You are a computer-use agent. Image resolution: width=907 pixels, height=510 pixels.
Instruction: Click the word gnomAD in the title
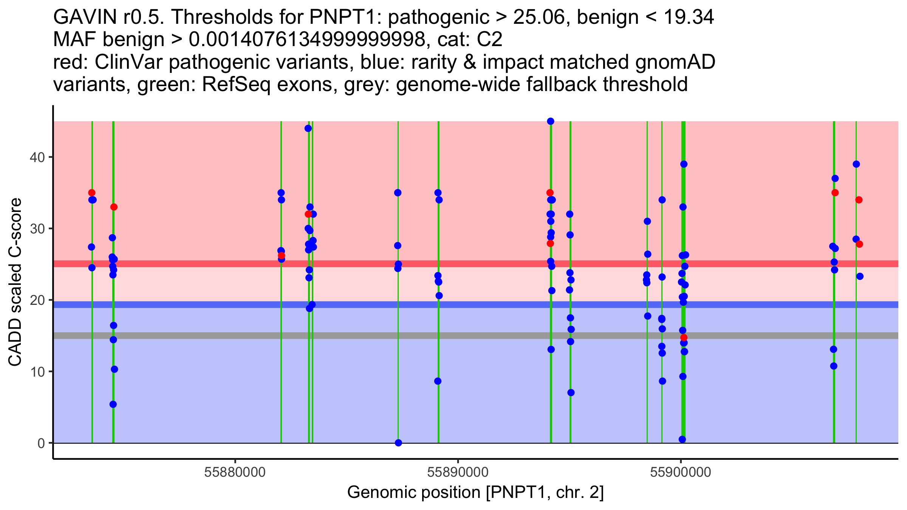pyautogui.click(x=675, y=62)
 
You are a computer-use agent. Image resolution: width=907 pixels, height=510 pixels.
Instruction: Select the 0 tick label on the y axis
pyautogui.click(x=41, y=443)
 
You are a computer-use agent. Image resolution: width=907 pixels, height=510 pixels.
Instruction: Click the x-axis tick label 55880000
pyautogui.click(x=235, y=472)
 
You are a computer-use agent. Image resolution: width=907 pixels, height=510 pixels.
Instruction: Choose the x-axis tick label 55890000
pyautogui.click(x=458, y=472)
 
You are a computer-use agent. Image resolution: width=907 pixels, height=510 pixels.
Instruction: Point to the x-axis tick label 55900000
pyautogui.click(x=681, y=472)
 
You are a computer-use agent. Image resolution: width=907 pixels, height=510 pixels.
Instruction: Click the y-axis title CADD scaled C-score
pyautogui.click(x=15, y=283)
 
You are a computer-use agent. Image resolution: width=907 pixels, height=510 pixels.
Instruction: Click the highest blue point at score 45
pyautogui.click(x=551, y=121)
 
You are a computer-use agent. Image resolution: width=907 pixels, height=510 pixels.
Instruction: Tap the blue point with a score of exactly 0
pyautogui.click(x=398, y=443)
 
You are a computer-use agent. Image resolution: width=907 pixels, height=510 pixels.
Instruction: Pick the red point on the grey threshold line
pyautogui.click(x=684, y=337)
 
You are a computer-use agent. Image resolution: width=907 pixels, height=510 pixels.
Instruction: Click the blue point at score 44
pyautogui.click(x=308, y=128)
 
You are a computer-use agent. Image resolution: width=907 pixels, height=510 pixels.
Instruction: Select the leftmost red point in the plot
pyautogui.click(x=92, y=193)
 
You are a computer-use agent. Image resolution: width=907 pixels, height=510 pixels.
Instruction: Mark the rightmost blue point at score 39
pyautogui.click(x=856, y=164)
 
